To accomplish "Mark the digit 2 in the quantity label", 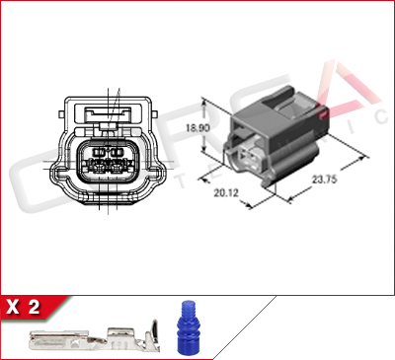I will coord(36,308).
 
